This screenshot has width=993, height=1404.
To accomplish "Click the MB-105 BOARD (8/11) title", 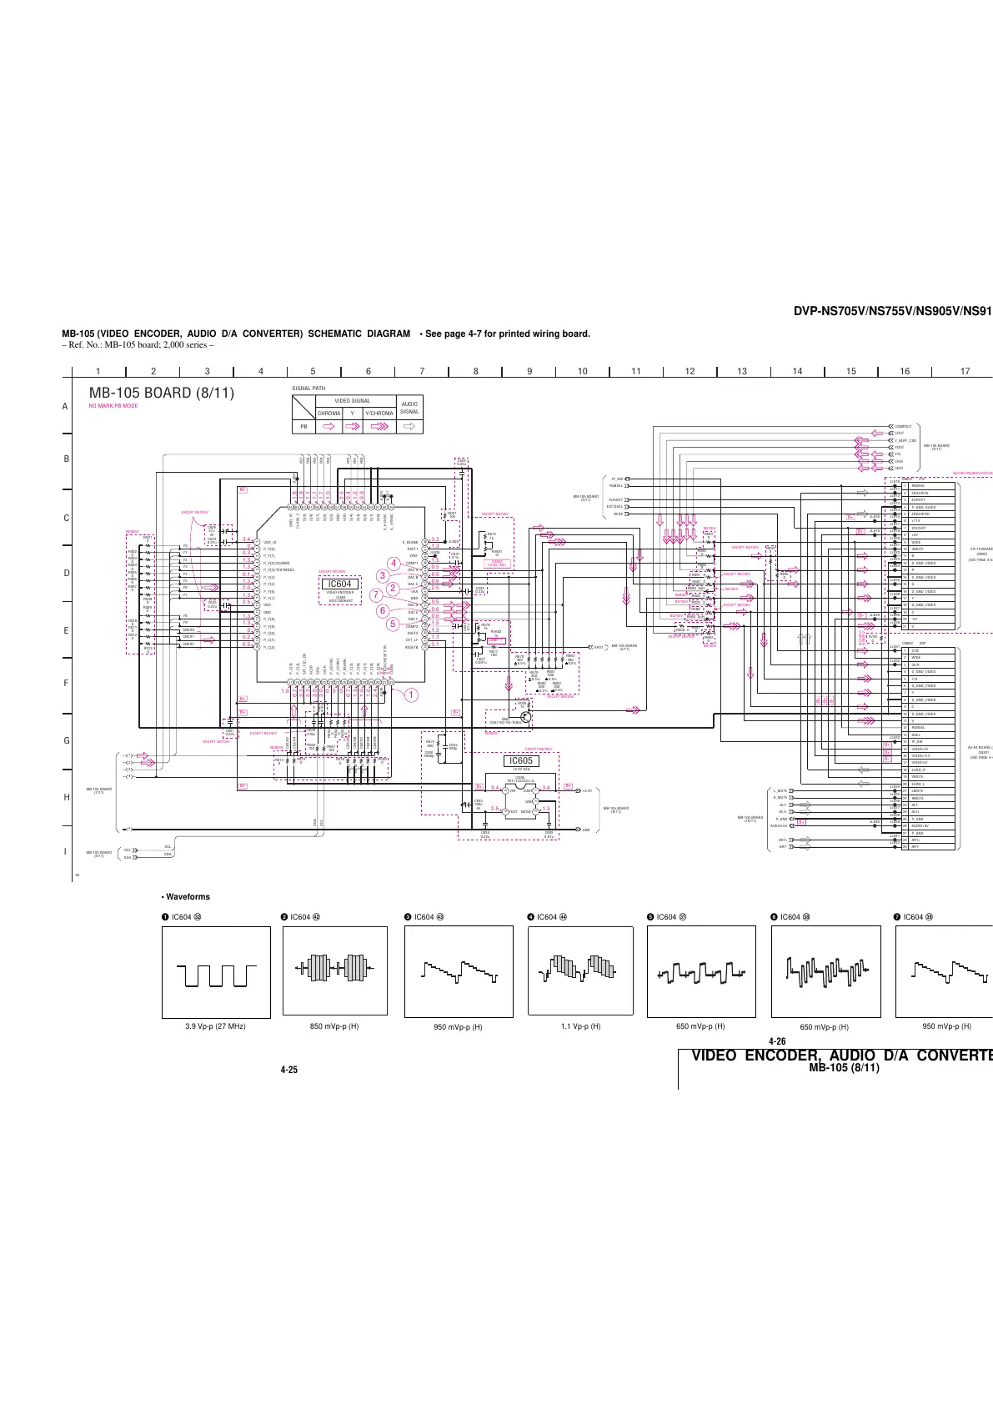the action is pyautogui.click(x=161, y=393).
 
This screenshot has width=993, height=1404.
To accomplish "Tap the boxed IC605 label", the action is pyautogui.click(x=520, y=760).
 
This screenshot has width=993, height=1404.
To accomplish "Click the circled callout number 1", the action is pyautogui.click(x=410, y=694).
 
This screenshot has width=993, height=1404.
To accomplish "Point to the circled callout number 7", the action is pyautogui.click(x=376, y=594).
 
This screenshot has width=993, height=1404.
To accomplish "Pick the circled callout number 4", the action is pyautogui.click(x=394, y=563).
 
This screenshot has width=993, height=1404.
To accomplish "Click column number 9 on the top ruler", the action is pyautogui.click(x=529, y=371).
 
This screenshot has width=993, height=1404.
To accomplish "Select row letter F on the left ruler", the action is pyautogui.click(x=65, y=683).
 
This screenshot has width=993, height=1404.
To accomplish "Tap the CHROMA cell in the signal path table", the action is pyautogui.click(x=329, y=413).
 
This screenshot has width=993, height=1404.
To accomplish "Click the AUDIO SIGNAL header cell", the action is pyautogui.click(x=409, y=408).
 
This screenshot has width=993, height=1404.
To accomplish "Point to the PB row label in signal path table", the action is pyautogui.click(x=303, y=427).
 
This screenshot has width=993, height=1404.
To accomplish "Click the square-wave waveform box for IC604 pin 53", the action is pyautogui.click(x=216, y=972).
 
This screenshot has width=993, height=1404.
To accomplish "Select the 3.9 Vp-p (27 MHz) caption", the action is pyautogui.click(x=215, y=1026).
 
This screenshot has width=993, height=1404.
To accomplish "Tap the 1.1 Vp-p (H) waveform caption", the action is pyautogui.click(x=580, y=1026).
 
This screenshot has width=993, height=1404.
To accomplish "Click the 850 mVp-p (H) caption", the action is pyautogui.click(x=334, y=1026).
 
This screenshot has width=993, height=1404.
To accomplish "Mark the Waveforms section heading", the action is pyautogui.click(x=186, y=897).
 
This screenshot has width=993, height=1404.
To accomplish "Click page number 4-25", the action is pyautogui.click(x=289, y=1070).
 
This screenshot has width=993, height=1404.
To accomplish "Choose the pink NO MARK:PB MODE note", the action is pyautogui.click(x=113, y=406).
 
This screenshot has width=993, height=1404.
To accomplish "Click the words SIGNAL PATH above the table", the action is pyautogui.click(x=308, y=389).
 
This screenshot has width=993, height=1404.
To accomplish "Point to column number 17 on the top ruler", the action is pyautogui.click(x=965, y=371).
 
